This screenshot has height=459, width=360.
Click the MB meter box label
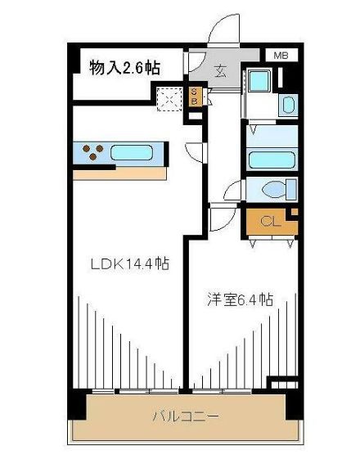pos(281,56)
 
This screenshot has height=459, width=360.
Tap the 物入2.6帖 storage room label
pos(124,68)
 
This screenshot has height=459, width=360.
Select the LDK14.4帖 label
pos(130,264)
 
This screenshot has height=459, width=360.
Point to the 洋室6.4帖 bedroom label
pos(241,299)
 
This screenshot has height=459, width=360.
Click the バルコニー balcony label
pos(186,416)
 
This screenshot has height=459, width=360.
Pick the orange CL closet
pos(272,222)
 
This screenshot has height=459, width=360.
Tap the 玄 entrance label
pos(221,71)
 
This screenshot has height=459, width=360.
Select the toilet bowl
pos(274,189)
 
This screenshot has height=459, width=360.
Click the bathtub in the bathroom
pos(272,160)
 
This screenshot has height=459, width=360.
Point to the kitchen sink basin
pos(132,152)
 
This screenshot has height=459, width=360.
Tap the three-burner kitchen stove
pos(92,152)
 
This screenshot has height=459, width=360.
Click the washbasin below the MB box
pos(288,105)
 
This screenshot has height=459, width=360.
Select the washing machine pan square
pos(259,80)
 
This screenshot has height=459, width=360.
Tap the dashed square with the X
pos(169,99)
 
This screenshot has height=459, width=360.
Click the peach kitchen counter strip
pos(120,174)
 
